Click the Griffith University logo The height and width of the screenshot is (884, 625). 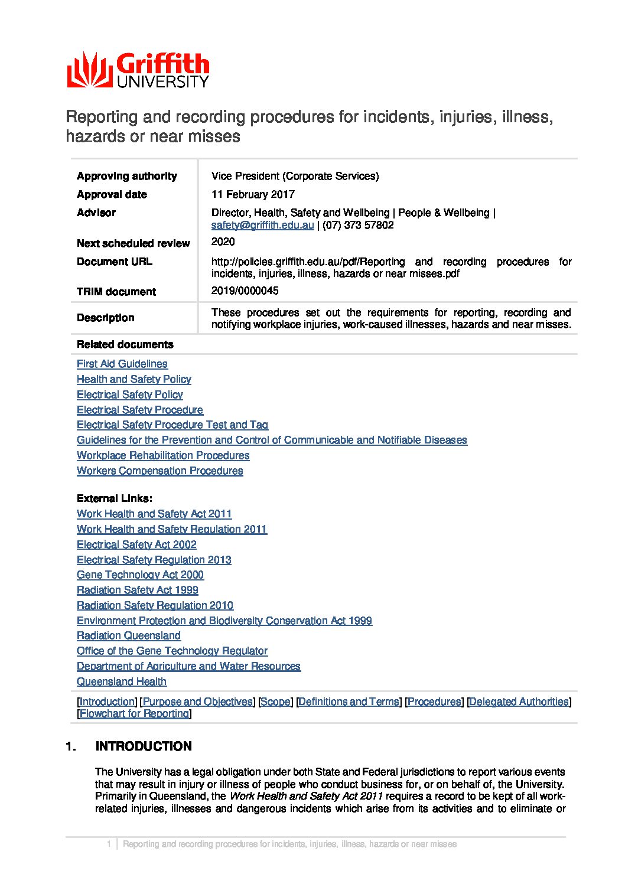[x=138, y=70]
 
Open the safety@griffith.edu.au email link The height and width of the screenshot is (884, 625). [x=262, y=225]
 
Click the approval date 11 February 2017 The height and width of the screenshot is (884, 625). [x=253, y=194]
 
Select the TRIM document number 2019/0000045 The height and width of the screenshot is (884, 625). [x=245, y=291]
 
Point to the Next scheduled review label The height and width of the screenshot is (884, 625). [x=133, y=243]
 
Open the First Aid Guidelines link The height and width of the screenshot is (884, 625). [x=122, y=364]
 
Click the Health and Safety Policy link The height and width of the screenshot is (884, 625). [x=134, y=379]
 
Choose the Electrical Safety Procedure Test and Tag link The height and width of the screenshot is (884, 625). [x=172, y=425]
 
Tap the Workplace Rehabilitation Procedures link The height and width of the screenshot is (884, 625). [x=162, y=455]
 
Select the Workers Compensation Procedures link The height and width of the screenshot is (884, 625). [x=159, y=471]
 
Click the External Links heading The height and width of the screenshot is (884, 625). [x=114, y=498]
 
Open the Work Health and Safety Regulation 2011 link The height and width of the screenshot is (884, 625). [x=171, y=529]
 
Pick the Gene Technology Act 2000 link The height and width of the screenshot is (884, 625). [x=140, y=575]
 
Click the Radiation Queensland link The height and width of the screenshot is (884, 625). [x=128, y=635]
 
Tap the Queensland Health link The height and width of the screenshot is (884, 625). [x=121, y=681]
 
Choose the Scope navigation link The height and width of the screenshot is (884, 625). [x=275, y=702]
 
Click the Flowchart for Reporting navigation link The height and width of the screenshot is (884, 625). [x=134, y=713]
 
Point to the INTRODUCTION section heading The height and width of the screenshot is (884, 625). [x=144, y=746]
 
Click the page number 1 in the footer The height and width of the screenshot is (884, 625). [x=109, y=844]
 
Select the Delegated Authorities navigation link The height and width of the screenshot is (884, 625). [x=519, y=702]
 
